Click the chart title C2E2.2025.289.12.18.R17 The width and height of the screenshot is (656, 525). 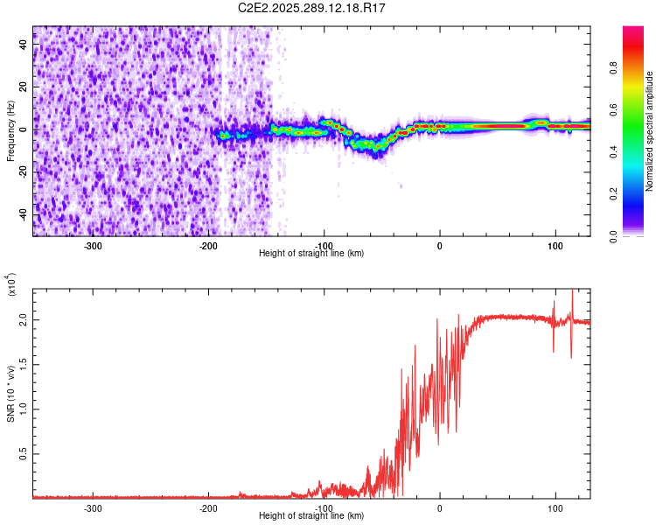(312, 8)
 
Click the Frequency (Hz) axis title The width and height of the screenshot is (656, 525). (10, 131)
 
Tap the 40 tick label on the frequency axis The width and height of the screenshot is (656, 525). (24, 45)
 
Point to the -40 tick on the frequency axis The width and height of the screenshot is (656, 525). (24, 215)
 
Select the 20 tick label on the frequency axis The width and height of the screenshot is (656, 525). (24, 87)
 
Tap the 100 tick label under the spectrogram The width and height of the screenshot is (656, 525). (555, 246)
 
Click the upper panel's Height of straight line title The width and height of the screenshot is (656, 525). (311, 254)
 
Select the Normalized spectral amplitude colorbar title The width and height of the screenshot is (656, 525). (650, 131)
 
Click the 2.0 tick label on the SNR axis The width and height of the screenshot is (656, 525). (24, 320)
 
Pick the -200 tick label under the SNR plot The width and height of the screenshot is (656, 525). (208, 508)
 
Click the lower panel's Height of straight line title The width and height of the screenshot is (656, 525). (311, 516)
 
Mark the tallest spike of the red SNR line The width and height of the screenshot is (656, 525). (572, 291)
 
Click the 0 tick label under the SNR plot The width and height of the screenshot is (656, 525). (439, 508)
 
